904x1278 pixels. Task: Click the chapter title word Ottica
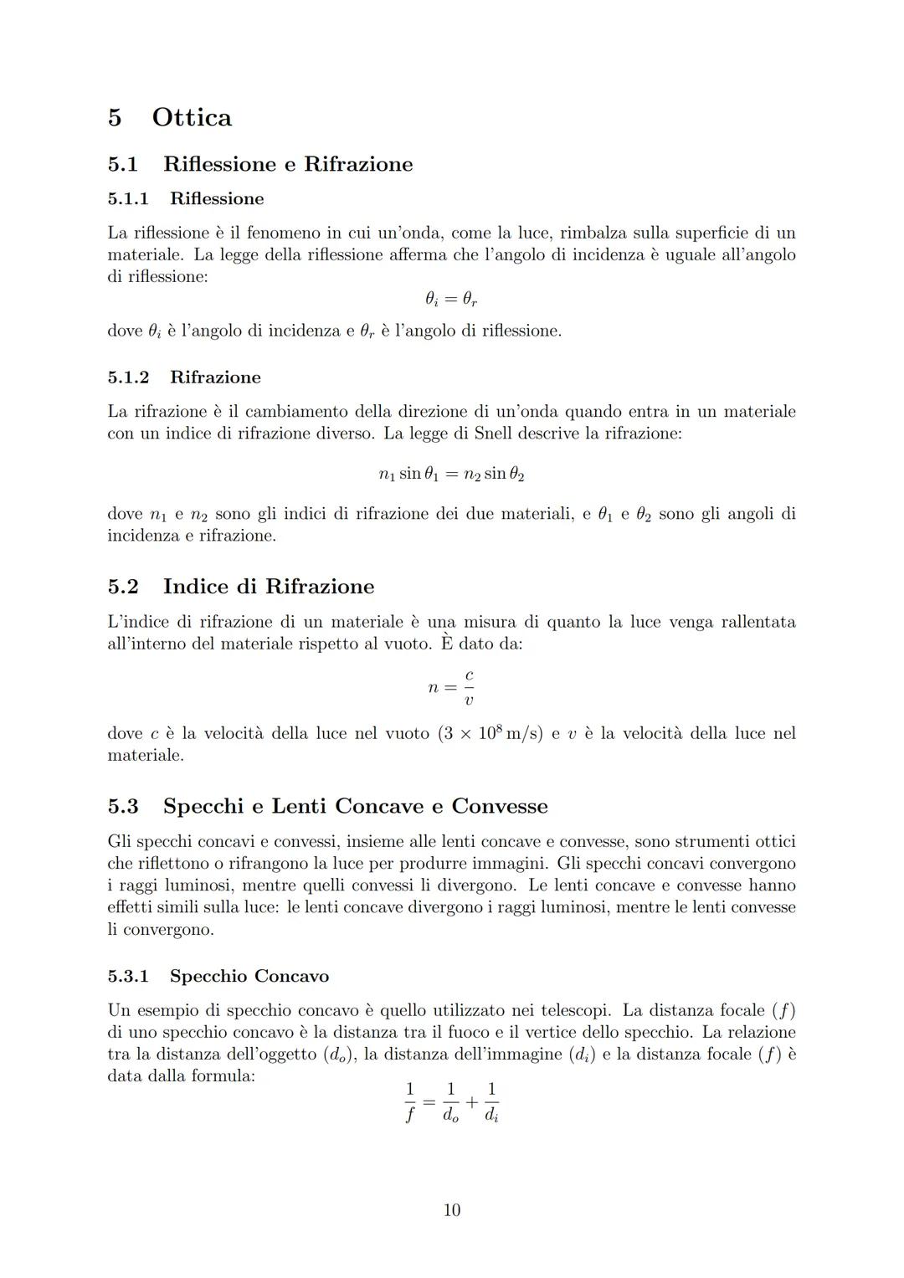point(192,117)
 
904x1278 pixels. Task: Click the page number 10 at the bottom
point(451,1209)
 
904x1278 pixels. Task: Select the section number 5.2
point(123,587)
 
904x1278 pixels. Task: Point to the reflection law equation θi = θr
point(451,299)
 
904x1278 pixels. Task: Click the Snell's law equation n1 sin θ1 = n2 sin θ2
point(451,474)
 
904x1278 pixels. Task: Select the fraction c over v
point(469,687)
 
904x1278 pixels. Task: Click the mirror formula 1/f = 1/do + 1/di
point(452,1101)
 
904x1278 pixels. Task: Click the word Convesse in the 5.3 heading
point(500,807)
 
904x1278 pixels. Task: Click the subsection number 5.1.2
point(128,377)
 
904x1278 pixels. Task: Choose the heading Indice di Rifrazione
point(269,587)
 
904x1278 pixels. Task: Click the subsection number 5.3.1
point(128,977)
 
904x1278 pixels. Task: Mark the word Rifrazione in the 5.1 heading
point(358,164)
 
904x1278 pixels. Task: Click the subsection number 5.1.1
point(128,199)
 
